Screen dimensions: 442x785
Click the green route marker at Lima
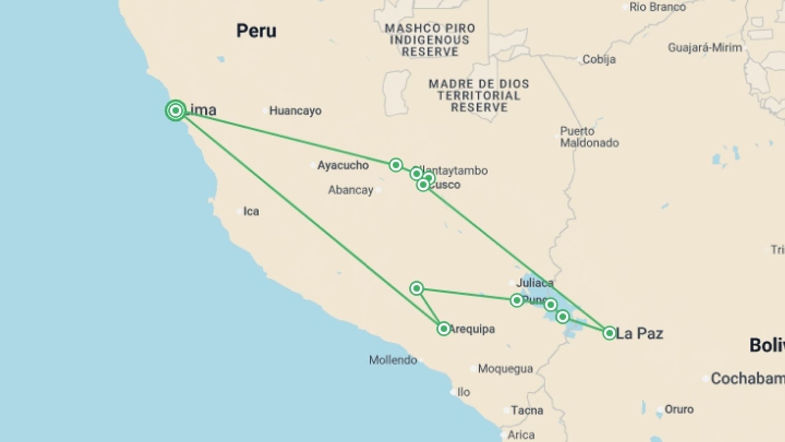(176, 110)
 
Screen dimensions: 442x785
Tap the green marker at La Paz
(609, 333)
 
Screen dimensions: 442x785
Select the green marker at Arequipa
(444, 329)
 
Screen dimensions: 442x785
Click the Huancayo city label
(295, 111)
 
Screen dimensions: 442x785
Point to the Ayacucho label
(343, 165)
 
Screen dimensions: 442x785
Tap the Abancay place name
(351, 190)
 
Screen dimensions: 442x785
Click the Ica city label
(251, 211)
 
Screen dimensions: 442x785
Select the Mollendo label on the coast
(393, 360)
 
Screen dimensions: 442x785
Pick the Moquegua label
(505, 369)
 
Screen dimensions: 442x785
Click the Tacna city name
(527, 410)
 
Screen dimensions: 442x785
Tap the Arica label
(521, 435)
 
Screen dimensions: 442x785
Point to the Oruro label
(679, 409)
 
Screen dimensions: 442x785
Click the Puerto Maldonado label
(589, 137)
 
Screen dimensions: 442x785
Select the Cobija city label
(599, 60)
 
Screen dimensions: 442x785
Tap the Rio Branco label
(657, 7)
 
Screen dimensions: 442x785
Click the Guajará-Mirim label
(705, 48)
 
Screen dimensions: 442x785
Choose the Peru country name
(256, 31)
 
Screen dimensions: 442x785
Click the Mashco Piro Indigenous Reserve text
(430, 40)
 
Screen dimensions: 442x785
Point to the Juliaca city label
(535, 283)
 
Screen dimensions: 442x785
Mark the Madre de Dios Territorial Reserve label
(479, 96)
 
